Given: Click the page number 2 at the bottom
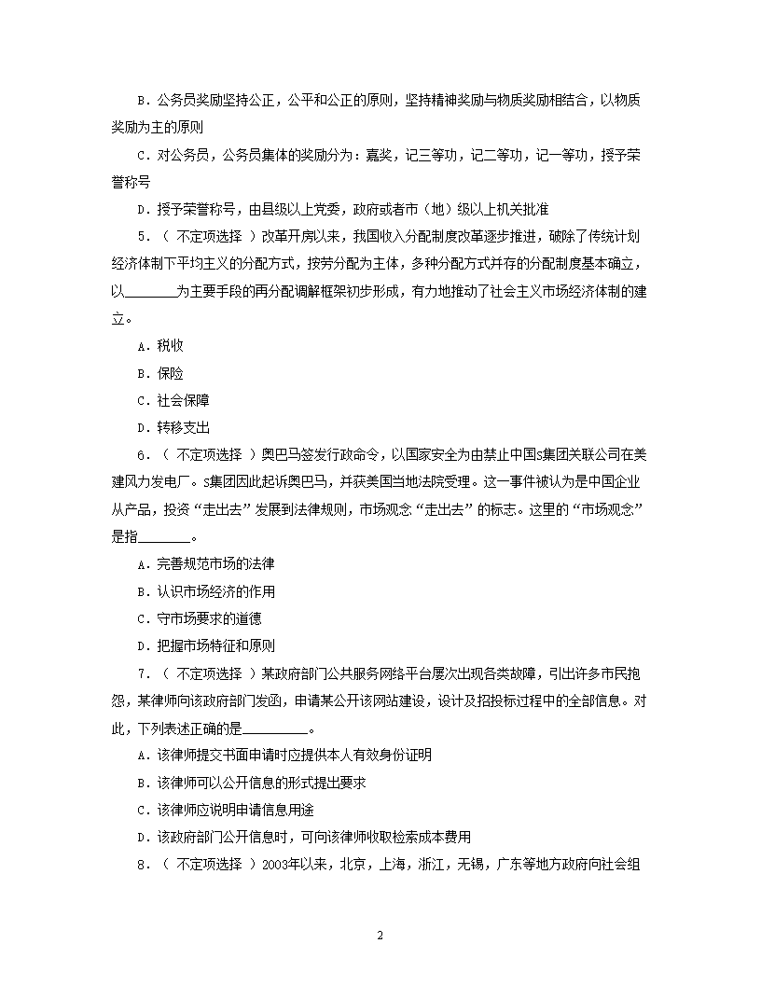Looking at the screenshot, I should (380, 936).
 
